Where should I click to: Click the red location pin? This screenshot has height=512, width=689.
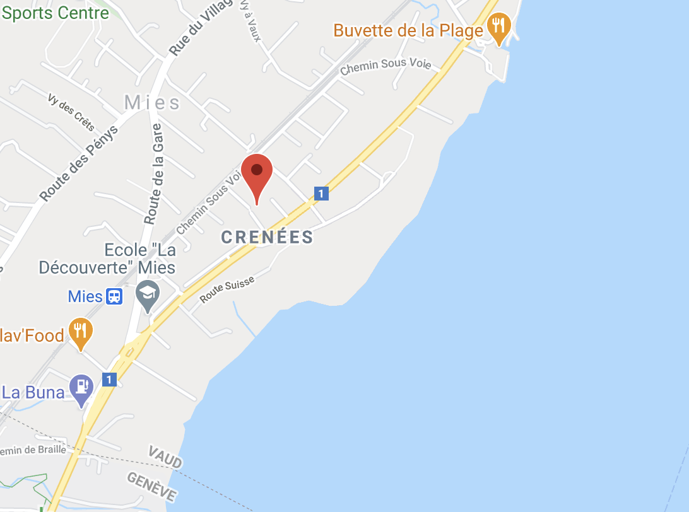[257, 173]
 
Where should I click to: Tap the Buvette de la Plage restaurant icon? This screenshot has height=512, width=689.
[499, 27]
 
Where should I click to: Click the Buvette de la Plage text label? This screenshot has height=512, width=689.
[408, 30]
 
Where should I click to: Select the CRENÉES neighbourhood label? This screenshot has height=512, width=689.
[268, 237]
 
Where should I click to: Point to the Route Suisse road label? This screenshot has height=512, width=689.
[227, 289]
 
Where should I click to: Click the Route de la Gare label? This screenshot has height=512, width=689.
[155, 173]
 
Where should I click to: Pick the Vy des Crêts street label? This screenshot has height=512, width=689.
[71, 112]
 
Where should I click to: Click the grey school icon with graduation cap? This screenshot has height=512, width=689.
[148, 294]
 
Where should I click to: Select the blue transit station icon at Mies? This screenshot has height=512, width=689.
[114, 296]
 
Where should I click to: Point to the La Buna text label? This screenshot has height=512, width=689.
[33, 392]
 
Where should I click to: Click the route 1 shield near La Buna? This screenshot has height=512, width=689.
[109, 379]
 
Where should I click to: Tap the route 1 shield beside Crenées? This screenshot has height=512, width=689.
[321, 194]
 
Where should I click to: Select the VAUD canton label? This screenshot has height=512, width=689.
[165, 457]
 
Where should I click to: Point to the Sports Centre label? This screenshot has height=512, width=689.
[56, 12]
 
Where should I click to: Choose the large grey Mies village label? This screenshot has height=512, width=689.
[152, 103]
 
